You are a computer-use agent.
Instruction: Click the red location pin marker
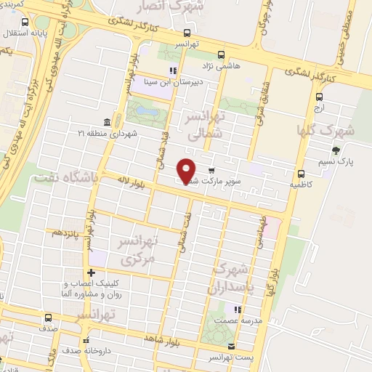point(187,171)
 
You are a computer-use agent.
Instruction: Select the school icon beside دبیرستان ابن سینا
point(173,71)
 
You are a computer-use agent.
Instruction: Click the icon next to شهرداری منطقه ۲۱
point(108,121)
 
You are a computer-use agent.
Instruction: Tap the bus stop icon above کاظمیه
point(300,173)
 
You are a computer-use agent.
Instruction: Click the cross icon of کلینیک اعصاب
point(90,272)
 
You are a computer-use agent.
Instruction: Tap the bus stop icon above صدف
point(48,318)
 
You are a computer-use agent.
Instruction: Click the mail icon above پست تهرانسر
point(232,346)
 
